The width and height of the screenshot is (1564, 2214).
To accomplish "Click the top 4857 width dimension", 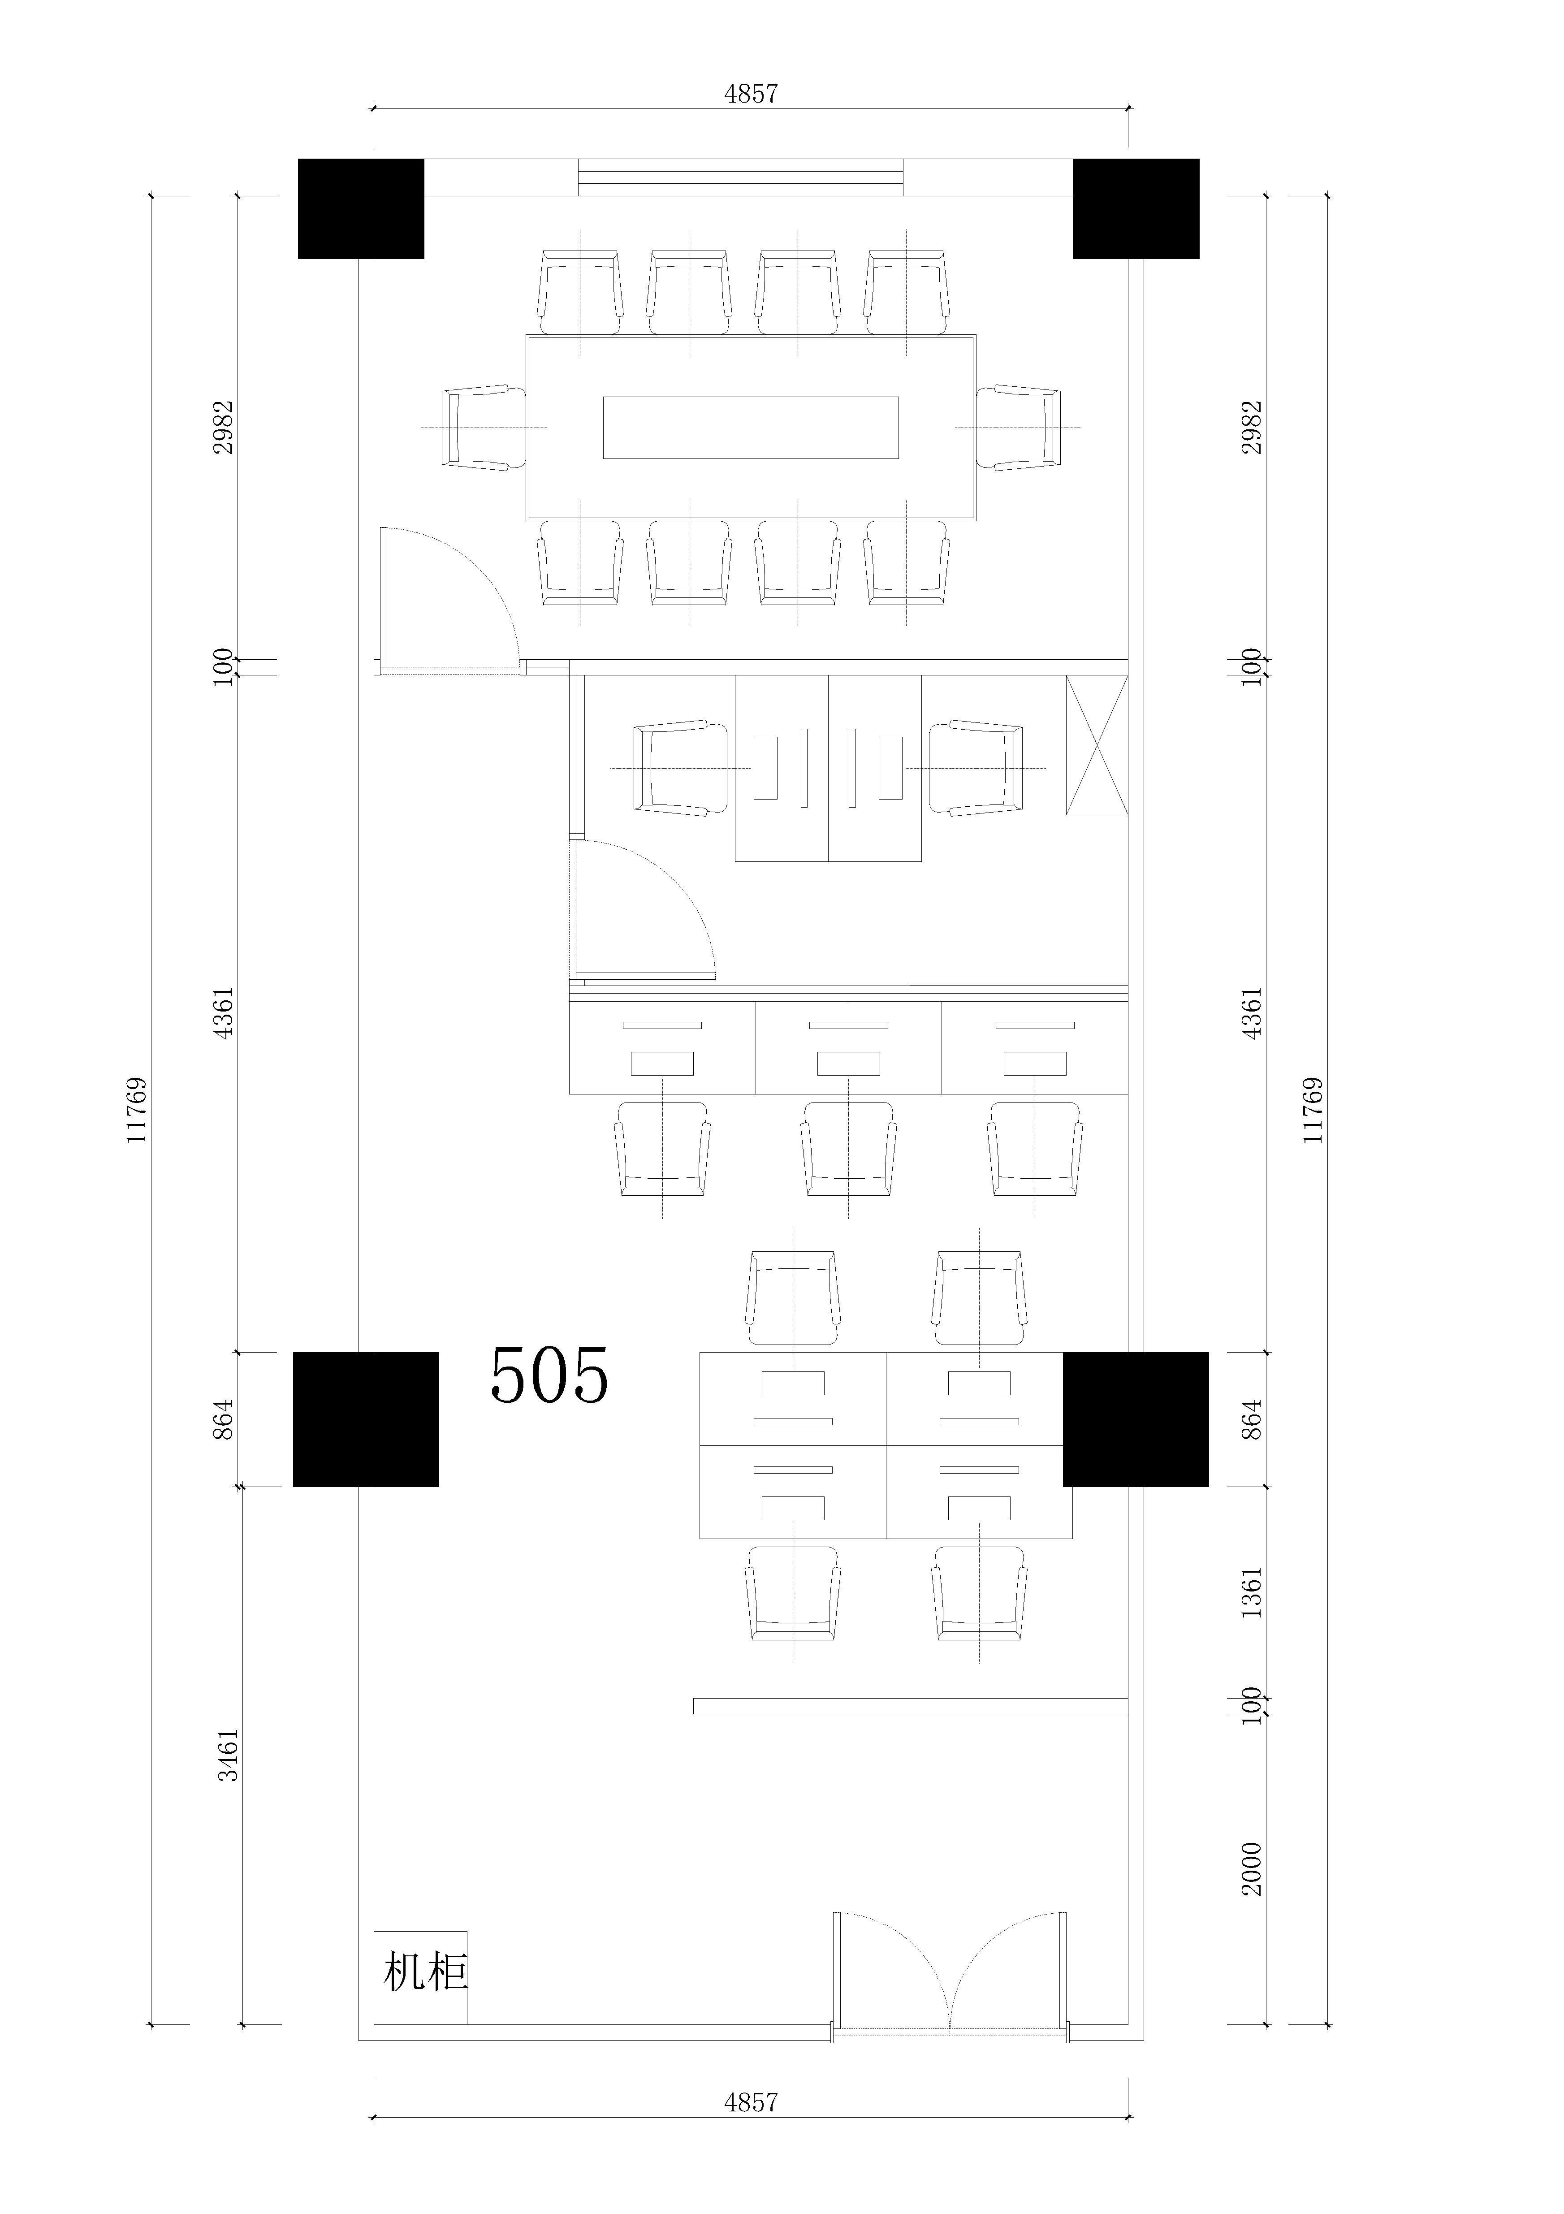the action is click(750, 94).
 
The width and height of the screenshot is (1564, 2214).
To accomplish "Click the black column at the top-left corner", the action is click(361, 208).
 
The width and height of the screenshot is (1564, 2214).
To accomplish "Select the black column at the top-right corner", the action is click(1136, 208).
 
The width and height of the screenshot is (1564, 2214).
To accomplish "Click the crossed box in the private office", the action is click(1096, 745).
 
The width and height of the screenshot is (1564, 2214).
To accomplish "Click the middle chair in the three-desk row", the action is click(848, 1149).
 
